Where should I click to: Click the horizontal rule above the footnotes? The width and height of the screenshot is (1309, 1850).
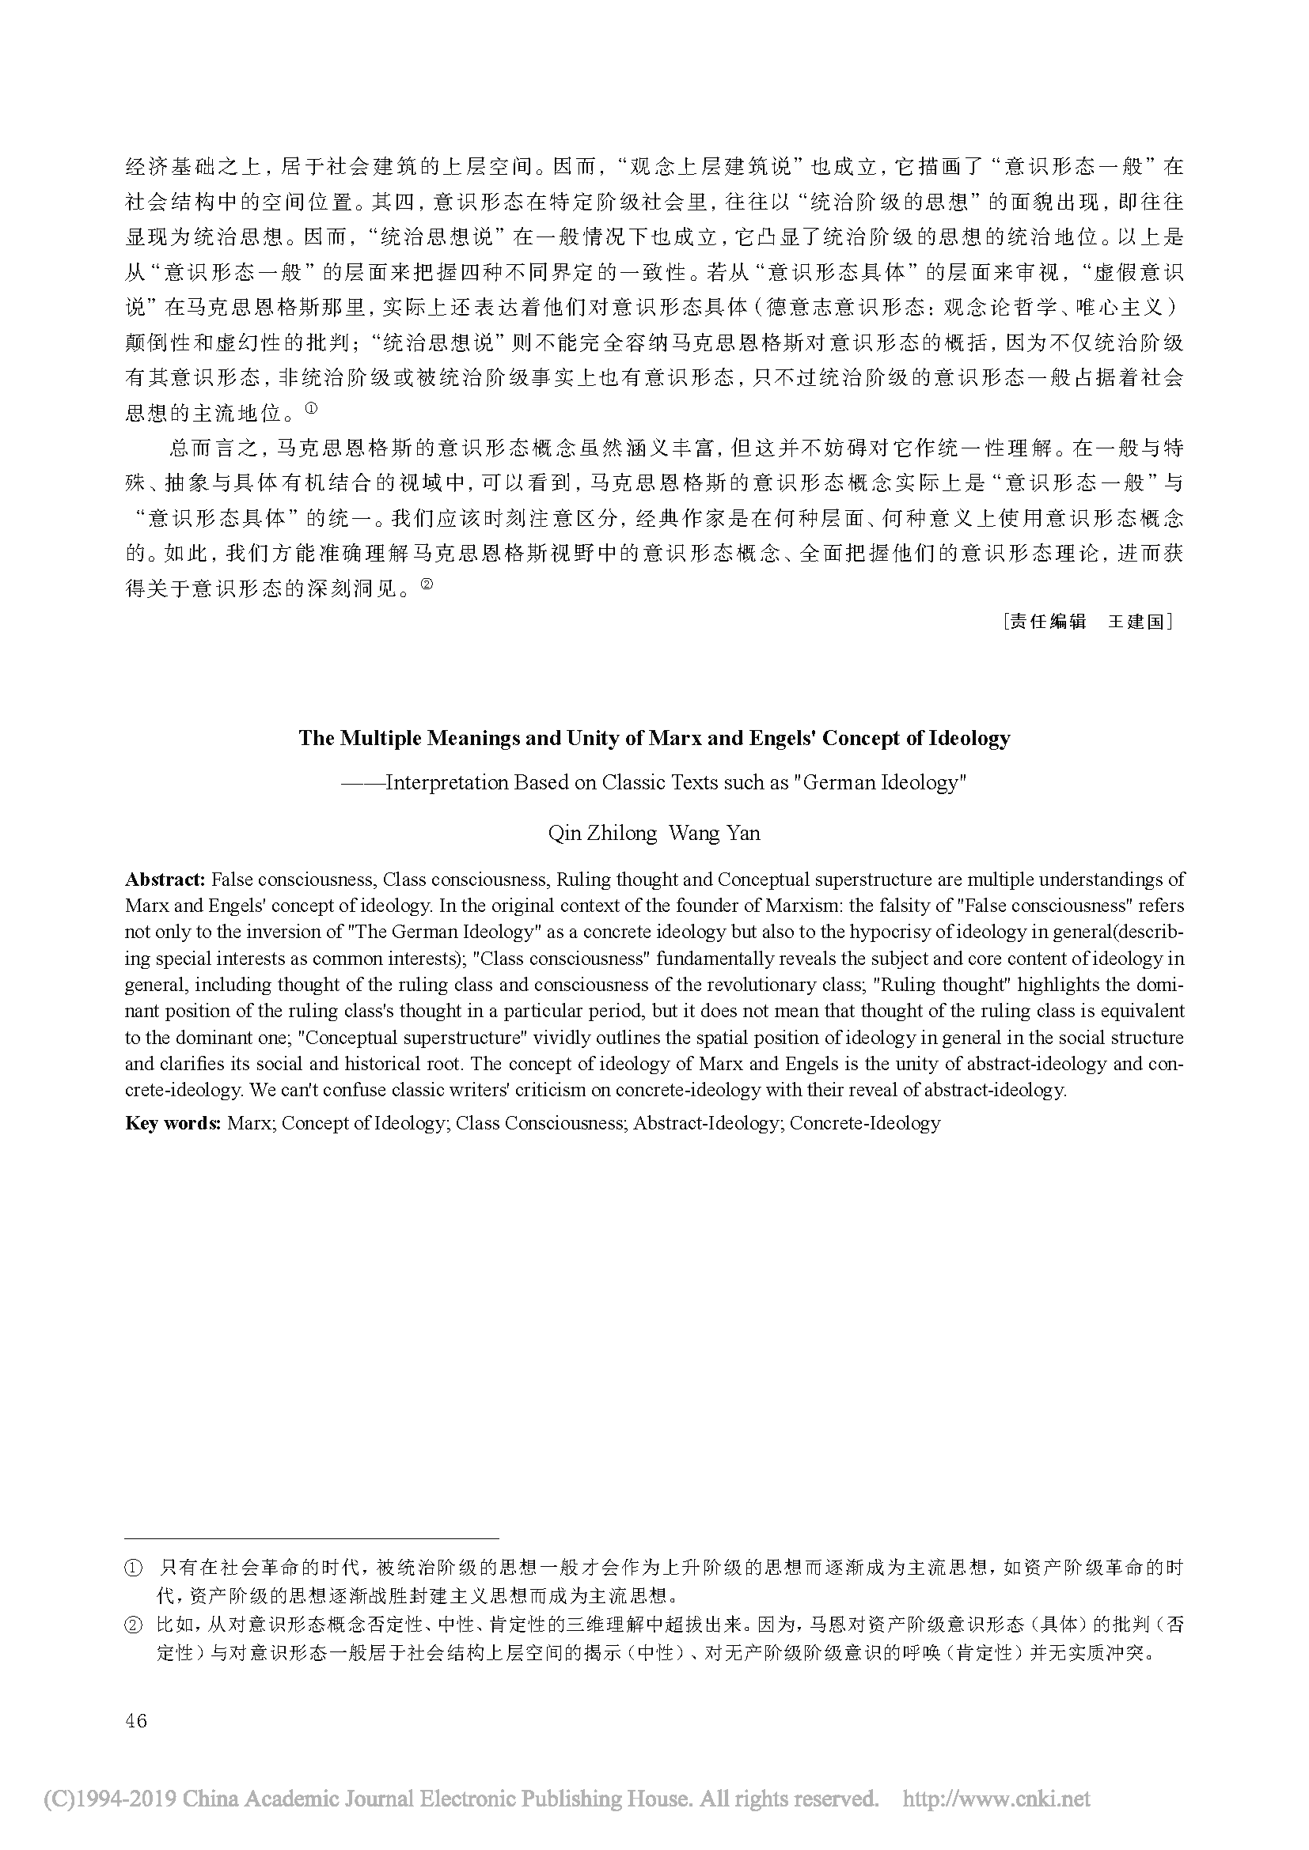point(312,1538)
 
